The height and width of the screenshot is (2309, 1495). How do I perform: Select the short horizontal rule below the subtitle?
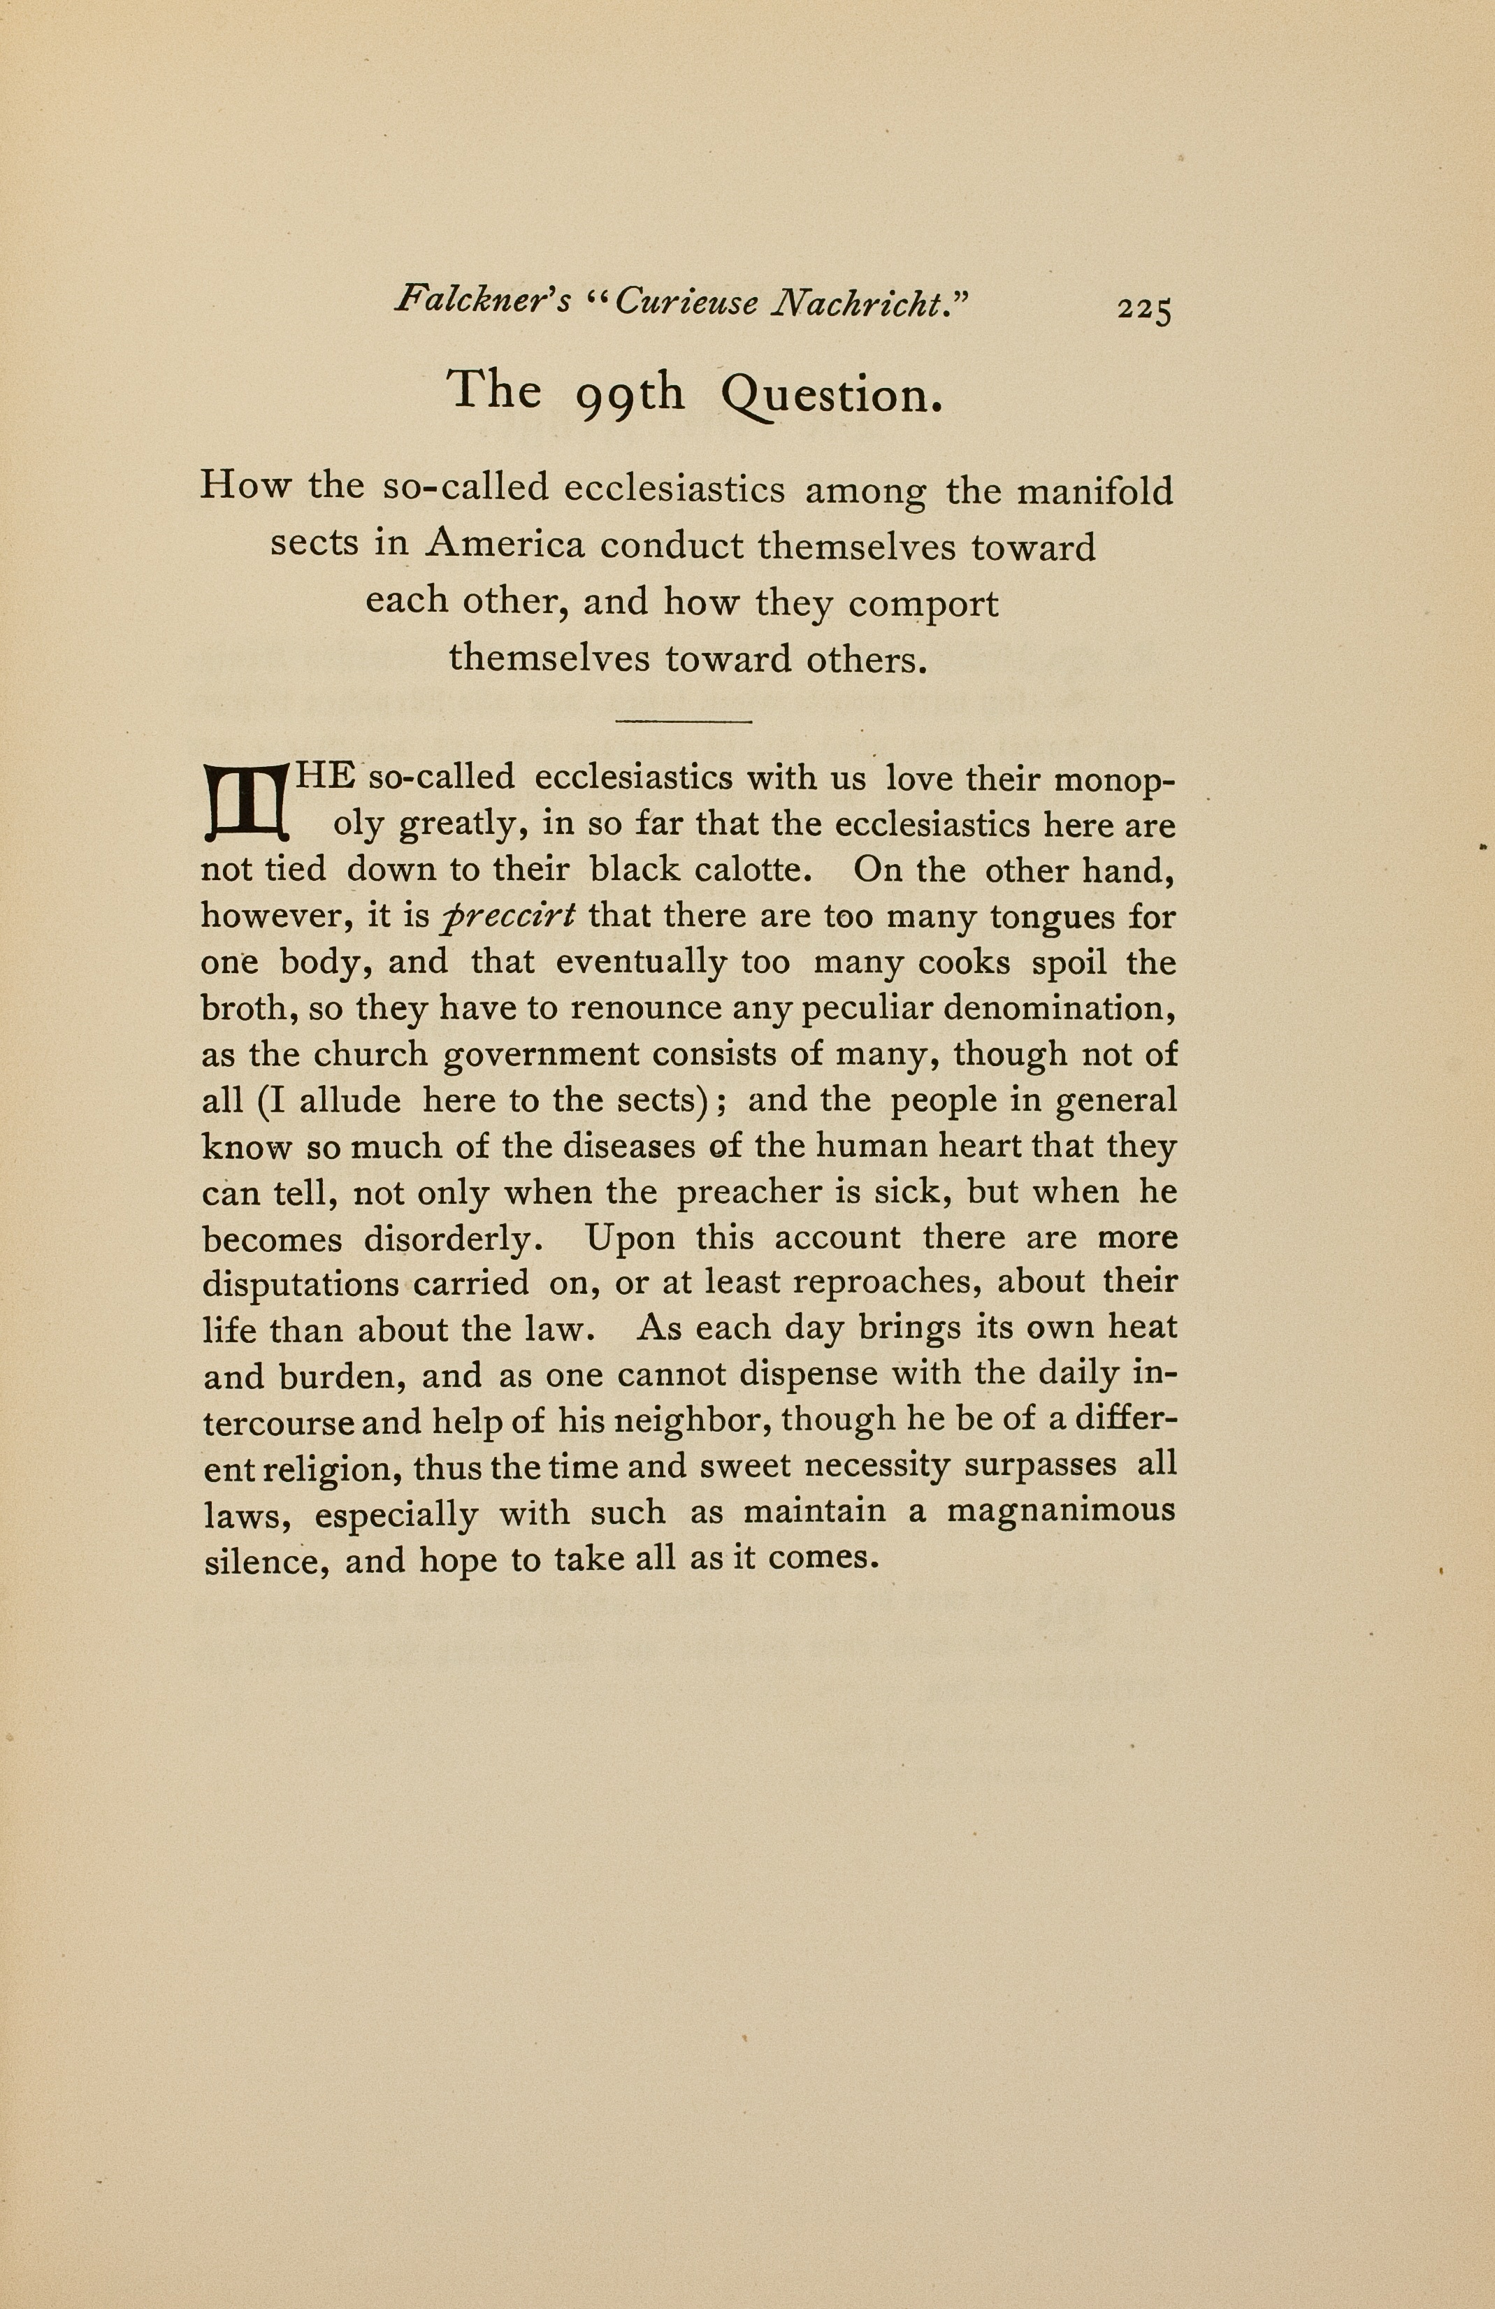coord(684,721)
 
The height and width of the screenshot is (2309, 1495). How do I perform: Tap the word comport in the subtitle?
coord(923,603)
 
